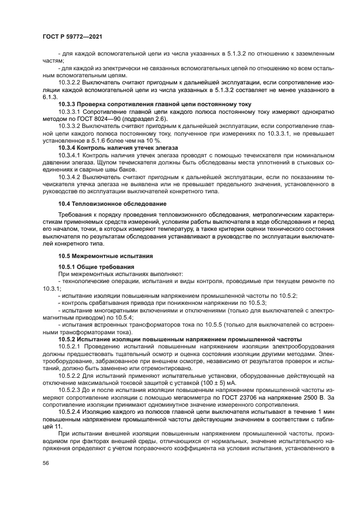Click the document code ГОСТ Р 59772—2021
[x=72, y=36]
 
